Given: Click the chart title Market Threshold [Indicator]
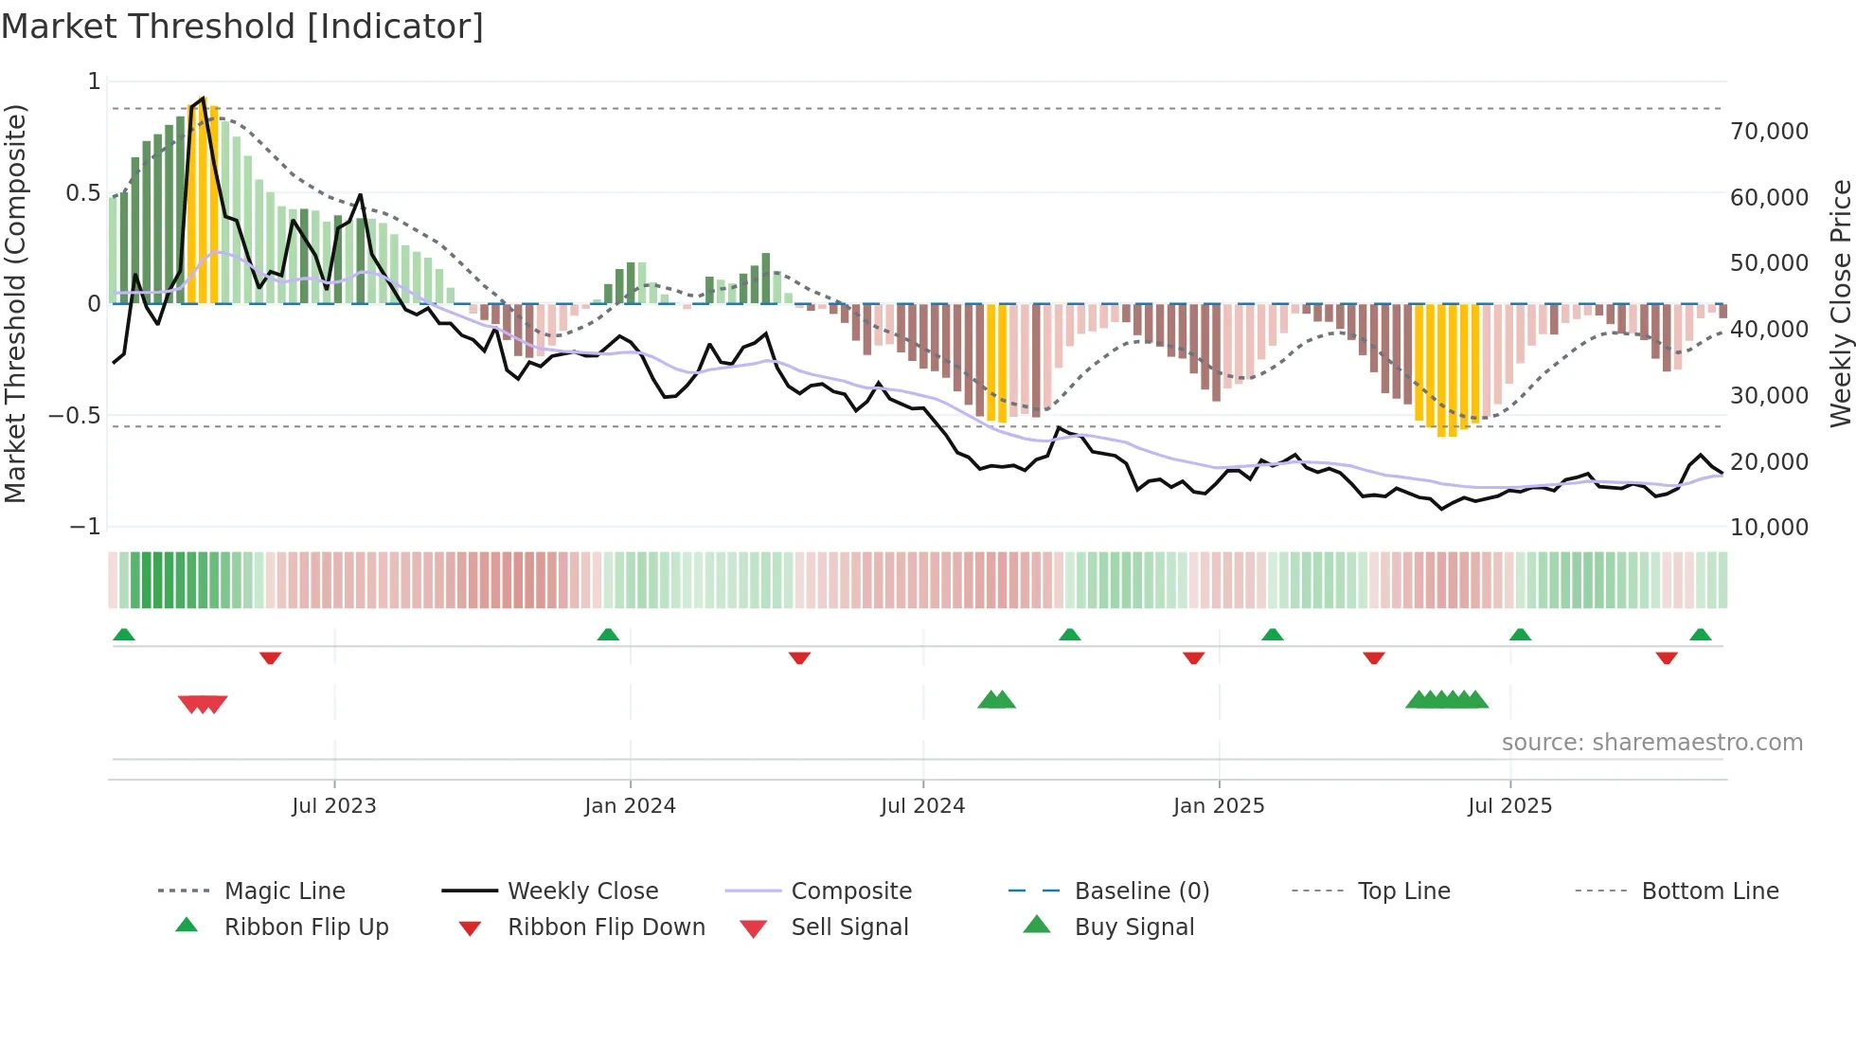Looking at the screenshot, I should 242,27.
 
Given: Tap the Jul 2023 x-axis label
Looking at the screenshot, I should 333,805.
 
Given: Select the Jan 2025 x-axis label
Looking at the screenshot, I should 1218,805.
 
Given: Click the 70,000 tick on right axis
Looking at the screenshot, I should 1769,131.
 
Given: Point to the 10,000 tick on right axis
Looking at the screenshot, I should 1769,527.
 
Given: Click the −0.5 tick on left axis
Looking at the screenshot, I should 74,415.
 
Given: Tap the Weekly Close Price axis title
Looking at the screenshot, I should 1840,303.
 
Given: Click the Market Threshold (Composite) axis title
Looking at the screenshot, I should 15,303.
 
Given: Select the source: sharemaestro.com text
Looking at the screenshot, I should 1651,742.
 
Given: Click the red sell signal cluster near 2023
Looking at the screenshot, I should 203,704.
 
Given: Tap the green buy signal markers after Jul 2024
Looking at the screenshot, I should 996,700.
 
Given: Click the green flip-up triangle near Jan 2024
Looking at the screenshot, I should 608,634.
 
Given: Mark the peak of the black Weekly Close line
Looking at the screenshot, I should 203,98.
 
